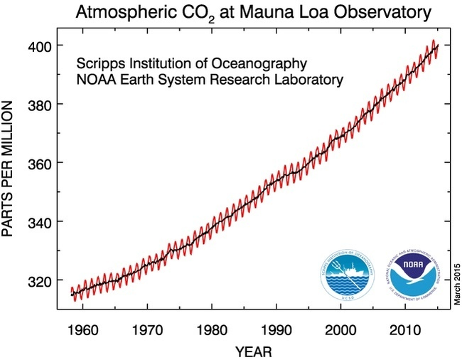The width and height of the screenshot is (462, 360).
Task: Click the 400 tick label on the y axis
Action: (41, 46)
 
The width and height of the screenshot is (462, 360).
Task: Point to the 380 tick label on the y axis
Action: (41, 105)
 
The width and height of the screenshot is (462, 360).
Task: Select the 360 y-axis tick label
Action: (41, 163)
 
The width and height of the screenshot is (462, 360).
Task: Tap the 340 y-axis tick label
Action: (41, 222)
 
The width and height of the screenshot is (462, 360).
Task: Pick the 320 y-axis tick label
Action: (41, 280)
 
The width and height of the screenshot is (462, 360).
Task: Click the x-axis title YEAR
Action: (253, 351)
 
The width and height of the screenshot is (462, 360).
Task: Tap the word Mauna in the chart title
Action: (267, 12)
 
